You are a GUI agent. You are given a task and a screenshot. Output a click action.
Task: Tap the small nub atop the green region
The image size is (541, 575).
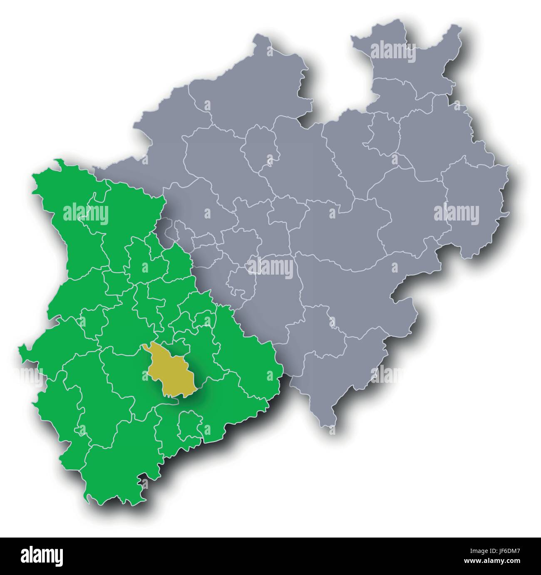(x=60, y=160)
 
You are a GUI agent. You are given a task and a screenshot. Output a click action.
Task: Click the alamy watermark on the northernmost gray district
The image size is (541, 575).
(x=393, y=53)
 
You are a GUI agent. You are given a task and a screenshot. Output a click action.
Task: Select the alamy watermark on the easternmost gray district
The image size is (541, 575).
(x=457, y=215)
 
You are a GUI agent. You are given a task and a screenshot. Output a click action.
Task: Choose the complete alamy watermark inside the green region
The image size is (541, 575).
(x=86, y=215)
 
